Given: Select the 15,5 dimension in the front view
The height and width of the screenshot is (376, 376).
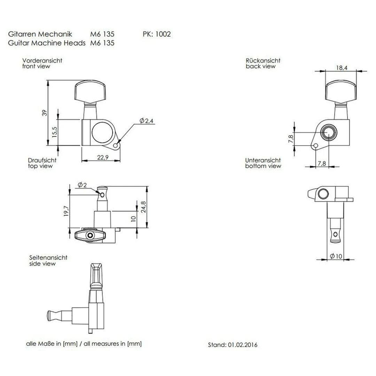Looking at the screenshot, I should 54,132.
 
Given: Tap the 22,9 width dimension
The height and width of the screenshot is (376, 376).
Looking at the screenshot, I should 102,157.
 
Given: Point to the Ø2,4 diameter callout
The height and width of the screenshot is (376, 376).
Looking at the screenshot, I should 146,120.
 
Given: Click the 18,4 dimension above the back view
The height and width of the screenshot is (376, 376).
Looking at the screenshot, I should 342,68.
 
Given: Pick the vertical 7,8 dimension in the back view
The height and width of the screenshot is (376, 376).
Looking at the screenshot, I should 291,139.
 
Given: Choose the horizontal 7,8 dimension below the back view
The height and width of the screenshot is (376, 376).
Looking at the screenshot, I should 322,163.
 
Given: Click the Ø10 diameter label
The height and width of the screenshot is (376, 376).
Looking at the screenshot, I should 336,256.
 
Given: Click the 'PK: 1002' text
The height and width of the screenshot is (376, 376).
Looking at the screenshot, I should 157,34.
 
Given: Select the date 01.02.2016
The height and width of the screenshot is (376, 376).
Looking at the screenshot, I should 243,345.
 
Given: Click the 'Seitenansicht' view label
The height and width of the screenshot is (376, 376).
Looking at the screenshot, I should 48,258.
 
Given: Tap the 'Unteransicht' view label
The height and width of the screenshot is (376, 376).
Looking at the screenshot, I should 263,160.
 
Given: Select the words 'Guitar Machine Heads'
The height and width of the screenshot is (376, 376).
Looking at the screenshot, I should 46,43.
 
